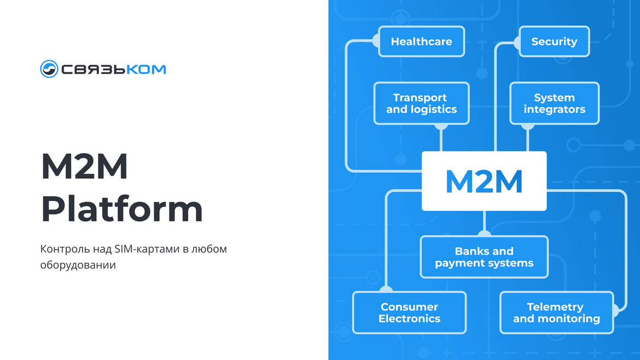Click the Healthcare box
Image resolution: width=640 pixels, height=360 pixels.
[x=422, y=41]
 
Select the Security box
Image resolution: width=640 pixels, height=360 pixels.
[x=554, y=41]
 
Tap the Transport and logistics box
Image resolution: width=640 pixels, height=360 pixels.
[x=422, y=103]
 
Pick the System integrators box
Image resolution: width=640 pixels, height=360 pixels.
[x=554, y=103]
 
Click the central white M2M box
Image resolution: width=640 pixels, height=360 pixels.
[x=484, y=181]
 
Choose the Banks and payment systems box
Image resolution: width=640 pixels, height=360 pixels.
[x=484, y=257]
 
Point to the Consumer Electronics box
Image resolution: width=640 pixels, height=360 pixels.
[x=409, y=312]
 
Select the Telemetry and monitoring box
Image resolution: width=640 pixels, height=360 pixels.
[x=557, y=312]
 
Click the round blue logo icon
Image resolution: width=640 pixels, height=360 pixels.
[x=49, y=68]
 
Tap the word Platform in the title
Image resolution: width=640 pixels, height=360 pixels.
[x=121, y=209]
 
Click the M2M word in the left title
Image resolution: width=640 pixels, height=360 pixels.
[x=84, y=166]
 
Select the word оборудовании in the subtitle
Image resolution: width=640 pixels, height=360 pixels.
[x=78, y=265]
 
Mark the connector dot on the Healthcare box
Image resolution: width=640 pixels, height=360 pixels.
[x=377, y=41]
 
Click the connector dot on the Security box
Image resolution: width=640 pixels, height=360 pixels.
[x=517, y=43]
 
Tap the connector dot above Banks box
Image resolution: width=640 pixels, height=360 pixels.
[x=484, y=234]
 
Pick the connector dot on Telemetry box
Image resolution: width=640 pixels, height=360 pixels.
[x=615, y=310]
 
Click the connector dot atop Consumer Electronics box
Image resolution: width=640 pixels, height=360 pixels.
[x=386, y=289]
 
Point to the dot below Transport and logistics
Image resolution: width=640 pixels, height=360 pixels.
[x=441, y=126]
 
